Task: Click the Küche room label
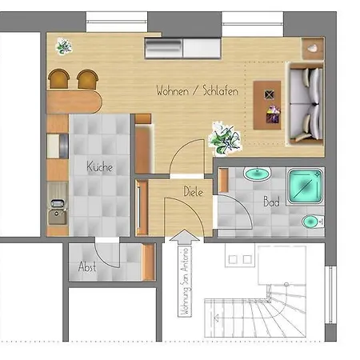99,166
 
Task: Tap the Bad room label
271,202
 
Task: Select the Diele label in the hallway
194,191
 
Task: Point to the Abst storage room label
87,266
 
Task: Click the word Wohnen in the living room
172,90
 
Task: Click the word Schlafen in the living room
220,90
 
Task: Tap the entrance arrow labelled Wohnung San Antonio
185,274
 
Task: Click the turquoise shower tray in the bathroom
306,186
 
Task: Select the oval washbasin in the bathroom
257,174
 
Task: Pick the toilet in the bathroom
313,222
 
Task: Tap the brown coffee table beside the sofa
267,105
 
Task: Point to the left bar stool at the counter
58,78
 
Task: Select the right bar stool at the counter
87,79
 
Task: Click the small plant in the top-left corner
64,46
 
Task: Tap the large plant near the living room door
225,138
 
